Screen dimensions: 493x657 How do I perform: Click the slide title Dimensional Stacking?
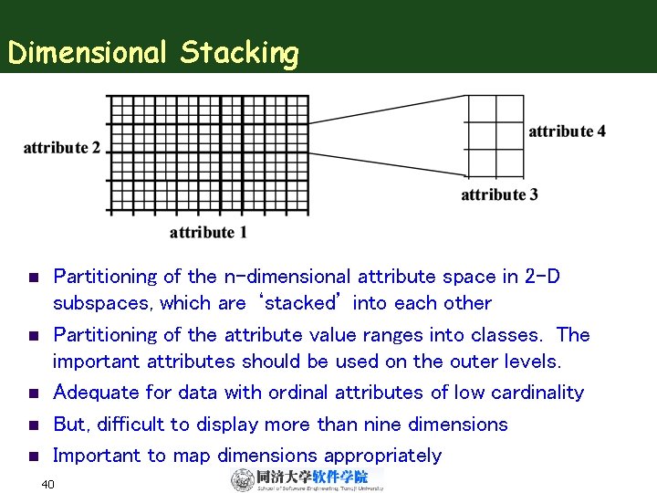[152, 53]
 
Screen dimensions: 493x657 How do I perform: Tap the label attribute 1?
[208, 232]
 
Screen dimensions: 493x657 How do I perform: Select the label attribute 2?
[62, 148]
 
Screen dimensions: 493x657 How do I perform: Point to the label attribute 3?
[499, 194]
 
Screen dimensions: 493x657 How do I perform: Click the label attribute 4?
[567, 131]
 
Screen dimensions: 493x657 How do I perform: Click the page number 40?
[48, 483]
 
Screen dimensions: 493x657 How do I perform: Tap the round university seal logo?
[243, 480]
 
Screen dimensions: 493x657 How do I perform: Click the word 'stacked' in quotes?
[299, 302]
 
